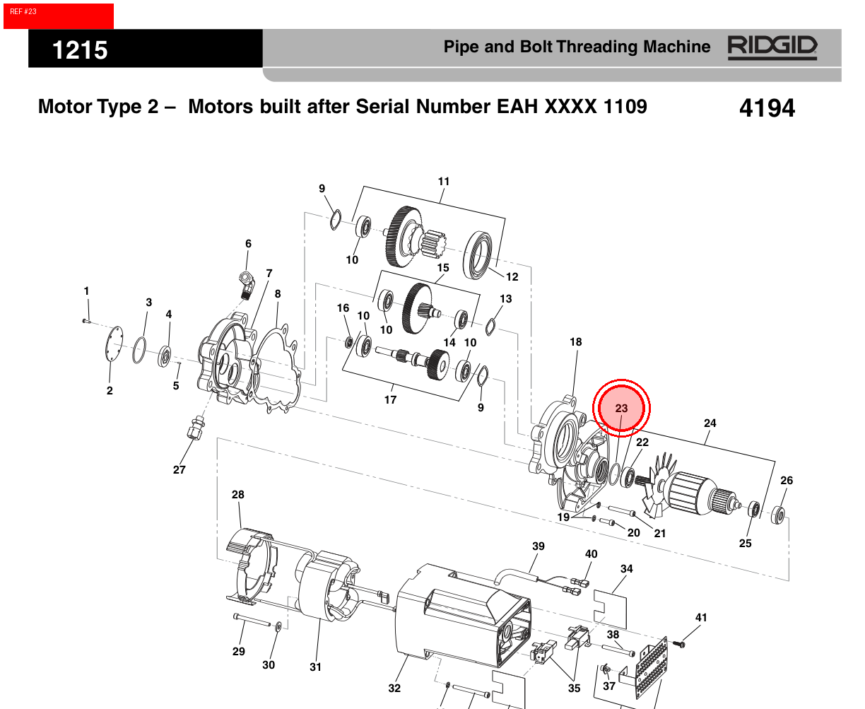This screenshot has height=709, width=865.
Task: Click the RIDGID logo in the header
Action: pyautogui.click(x=772, y=47)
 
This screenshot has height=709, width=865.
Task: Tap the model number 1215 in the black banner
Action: pyautogui.click(x=80, y=50)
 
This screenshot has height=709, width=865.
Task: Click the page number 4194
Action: pyautogui.click(x=767, y=108)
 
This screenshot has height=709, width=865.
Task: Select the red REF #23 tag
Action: pyautogui.click(x=58, y=16)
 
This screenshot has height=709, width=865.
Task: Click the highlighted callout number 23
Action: pyautogui.click(x=621, y=408)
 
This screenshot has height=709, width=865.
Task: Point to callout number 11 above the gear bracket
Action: pyautogui.click(x=443, y=182)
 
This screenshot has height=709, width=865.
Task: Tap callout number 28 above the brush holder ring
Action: pyautogui.click(x=238, y=494)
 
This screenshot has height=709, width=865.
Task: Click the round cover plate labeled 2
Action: pyautogui.click(x=114, y=344)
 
